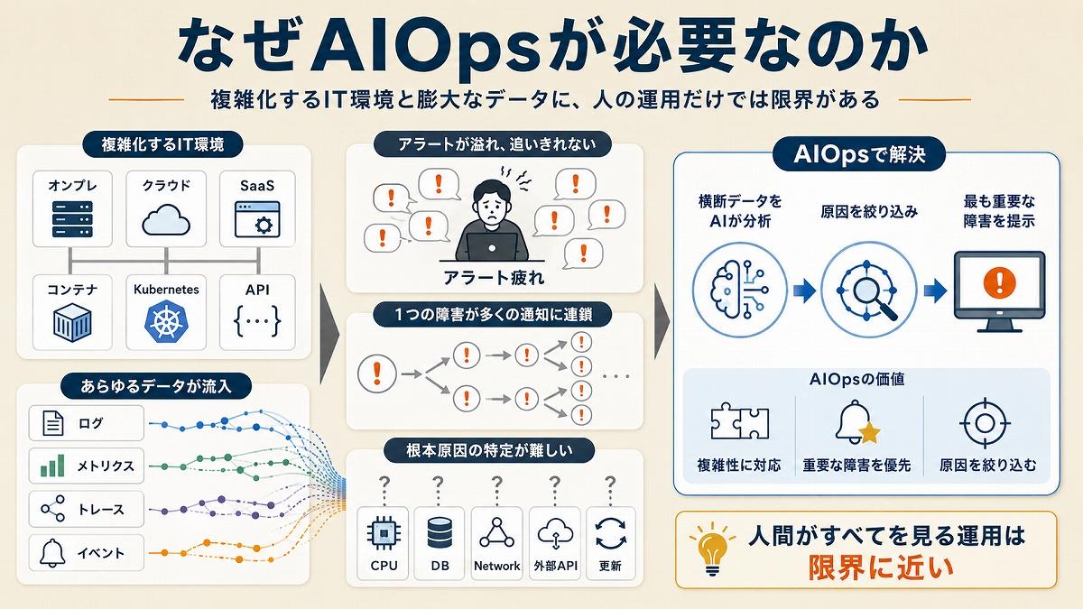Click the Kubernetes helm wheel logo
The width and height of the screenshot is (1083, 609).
point(166,321)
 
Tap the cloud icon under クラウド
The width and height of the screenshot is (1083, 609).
point(166,220)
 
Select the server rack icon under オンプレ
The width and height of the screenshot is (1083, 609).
point(72,219)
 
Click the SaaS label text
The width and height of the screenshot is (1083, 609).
point(257,186)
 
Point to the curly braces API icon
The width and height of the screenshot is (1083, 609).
point(257,320)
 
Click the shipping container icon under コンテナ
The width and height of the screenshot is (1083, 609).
point(72,322)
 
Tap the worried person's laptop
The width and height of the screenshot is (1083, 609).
point(492,247)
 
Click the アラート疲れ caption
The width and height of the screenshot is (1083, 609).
point(494,278)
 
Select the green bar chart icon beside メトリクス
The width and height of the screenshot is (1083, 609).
point(52,466)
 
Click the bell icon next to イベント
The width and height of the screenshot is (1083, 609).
point(52,553)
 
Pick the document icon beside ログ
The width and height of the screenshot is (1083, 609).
point(52,423)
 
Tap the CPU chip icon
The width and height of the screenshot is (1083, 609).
point(384,533)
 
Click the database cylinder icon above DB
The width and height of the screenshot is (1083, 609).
point(440,533)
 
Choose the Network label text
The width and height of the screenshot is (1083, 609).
point(497,566)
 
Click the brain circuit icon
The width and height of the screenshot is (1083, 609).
point(739,290)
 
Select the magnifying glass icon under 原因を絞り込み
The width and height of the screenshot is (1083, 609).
point(869,290)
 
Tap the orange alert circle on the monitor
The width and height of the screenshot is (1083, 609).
point(999,282)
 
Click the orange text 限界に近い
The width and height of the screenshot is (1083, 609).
point(881,568)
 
